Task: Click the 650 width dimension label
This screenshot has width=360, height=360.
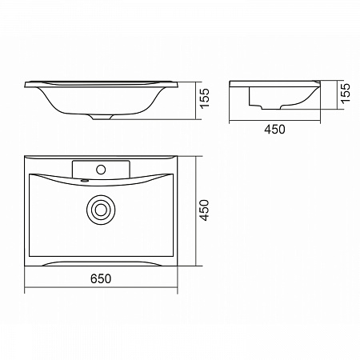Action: click(x=101, y=278)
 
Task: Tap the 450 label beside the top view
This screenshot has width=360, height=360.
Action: click(x=205, y=210)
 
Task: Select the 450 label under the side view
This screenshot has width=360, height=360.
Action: click(x=274, y=130)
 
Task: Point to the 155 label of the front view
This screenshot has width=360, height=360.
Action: click(x=205, y=98)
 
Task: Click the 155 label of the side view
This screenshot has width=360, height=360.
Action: click(x=346, y=93)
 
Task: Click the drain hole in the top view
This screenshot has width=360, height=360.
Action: click(x=101, y=210)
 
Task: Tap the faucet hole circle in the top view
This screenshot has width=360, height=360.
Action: click(x=101, y=170)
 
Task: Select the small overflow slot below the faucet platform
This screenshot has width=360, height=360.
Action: click(x=85, y=181)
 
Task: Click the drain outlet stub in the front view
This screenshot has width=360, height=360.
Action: click(x=102, y=117)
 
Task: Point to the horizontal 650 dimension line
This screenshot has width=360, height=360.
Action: click(x=101, y=287)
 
